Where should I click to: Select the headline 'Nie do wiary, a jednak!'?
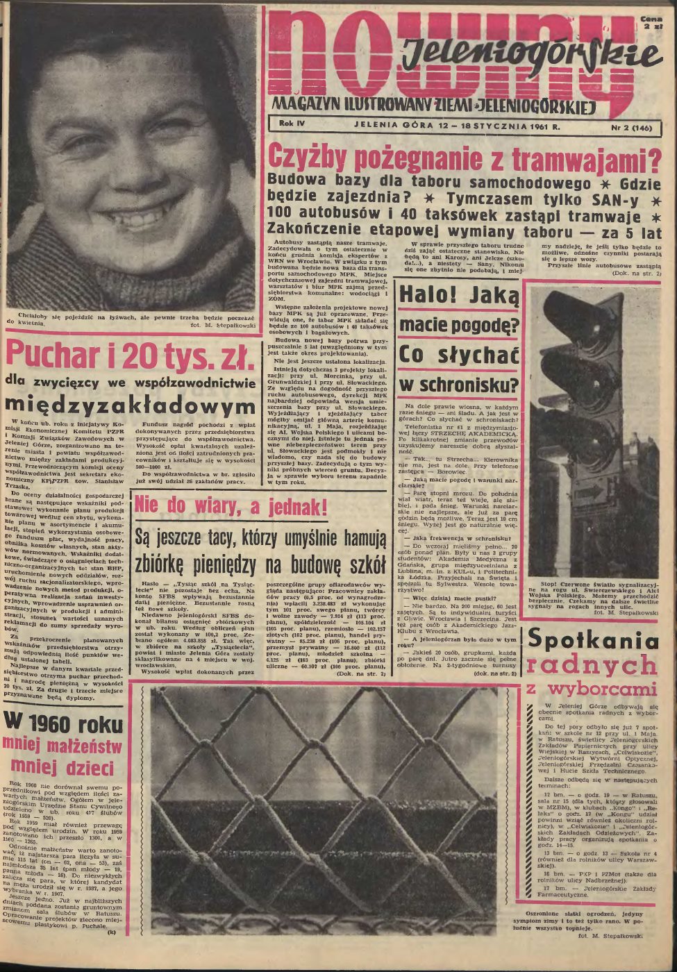221,507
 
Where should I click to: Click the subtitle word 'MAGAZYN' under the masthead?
302,106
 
